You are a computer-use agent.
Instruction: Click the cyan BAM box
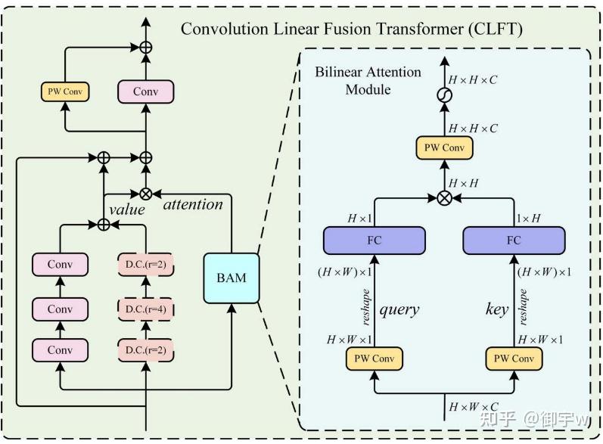tap(231, 278)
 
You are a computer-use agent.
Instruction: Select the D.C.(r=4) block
tap(145, 309)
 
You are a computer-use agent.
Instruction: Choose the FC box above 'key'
tap(514, 241)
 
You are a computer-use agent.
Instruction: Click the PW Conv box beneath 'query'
tap(373, 358)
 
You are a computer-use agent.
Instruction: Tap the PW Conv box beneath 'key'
tap(514, 358)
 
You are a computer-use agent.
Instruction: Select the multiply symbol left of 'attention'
tap(146, 193)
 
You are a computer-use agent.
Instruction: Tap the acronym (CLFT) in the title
tap(495, 29)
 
